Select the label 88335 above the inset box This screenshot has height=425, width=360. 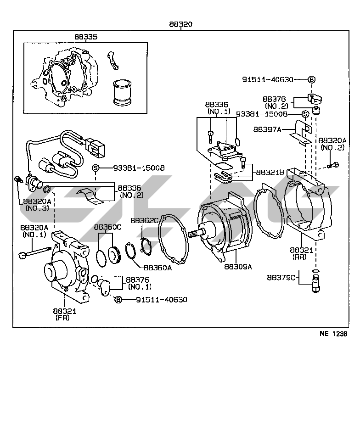click(x=86, y=37)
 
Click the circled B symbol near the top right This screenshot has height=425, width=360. click(x=311, y=79)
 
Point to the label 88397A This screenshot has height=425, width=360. click(x=267, y=129)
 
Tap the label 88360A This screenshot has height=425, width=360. click(x=157, y=268)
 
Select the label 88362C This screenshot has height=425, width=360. click(x=144, y=220)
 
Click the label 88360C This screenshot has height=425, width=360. click(x=107, y=227)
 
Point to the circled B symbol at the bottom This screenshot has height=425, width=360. click(x=118, y=300)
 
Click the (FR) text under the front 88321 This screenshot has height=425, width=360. click(x=62, y=318)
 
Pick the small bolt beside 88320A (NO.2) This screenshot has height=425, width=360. click(x=333, y=165)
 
